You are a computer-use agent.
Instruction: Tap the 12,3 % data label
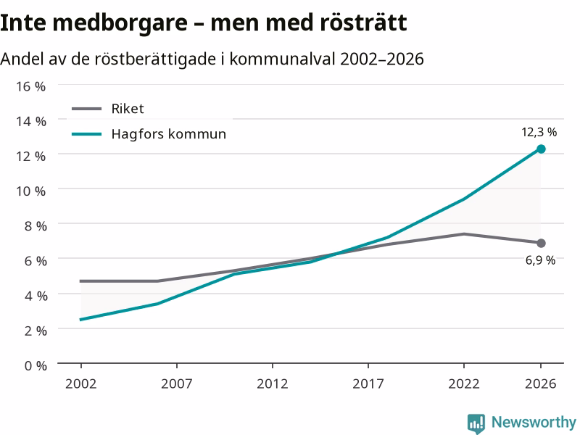point(539,132)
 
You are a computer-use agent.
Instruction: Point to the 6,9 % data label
point(540,260)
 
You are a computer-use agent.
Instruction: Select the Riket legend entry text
point(128,109)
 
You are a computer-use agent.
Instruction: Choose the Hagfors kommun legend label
point(169,134)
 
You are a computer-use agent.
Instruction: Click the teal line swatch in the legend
point(86,134)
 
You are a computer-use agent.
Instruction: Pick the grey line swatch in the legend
point(86,109)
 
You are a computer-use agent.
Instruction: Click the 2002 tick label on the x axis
point(81,384)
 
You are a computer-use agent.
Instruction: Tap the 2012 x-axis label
point(273,384)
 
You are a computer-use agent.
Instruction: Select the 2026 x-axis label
point(540,384)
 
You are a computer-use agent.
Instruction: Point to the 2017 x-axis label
point(368,384)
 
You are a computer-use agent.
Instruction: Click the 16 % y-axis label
point(30,86)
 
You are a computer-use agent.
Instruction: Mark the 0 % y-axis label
point(36,366)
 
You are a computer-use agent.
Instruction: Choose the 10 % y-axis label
point(30,191)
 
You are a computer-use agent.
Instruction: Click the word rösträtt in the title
point(364,22)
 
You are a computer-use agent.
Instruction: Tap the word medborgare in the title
point(120,23)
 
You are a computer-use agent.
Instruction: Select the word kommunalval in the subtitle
point(282,59)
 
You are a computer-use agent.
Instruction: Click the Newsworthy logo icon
point(476,423)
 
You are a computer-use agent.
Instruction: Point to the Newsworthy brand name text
point(534,422)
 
